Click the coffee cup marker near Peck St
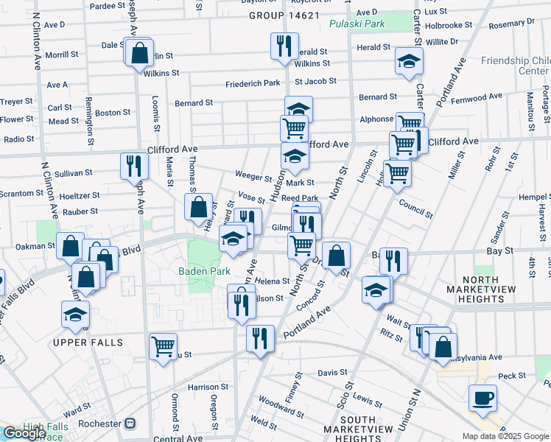tap(482, 399)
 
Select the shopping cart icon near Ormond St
tap(163, 345)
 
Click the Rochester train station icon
tap(130, 424)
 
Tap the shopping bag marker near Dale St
tap(138, 53)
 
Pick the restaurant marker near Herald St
tap(283, 46)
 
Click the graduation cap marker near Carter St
tap(409, 62)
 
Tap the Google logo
tap(24, 433)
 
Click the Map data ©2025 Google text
tap(505, 436)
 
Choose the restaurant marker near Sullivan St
tap(134, 165)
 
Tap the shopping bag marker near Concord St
tap(336, 256)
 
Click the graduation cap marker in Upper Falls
tap(74, 315)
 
